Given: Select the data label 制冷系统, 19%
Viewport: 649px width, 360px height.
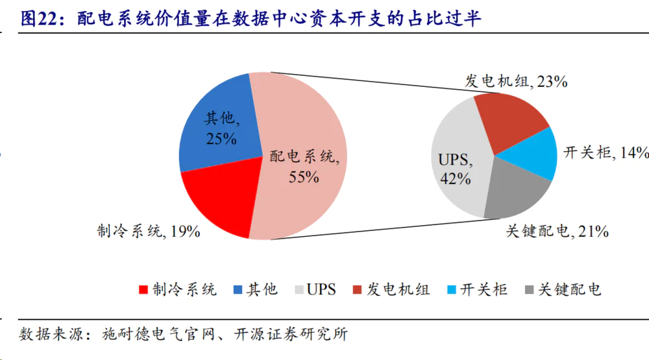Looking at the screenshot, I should point(149,231).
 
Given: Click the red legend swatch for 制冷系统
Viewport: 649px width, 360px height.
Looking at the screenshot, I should point(144,290).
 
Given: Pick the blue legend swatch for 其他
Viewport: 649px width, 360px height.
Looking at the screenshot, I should point(238,290).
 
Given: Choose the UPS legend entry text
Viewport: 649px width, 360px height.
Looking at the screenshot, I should point(321,289).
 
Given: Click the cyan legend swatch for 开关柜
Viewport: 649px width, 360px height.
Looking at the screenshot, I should point(452,290).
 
